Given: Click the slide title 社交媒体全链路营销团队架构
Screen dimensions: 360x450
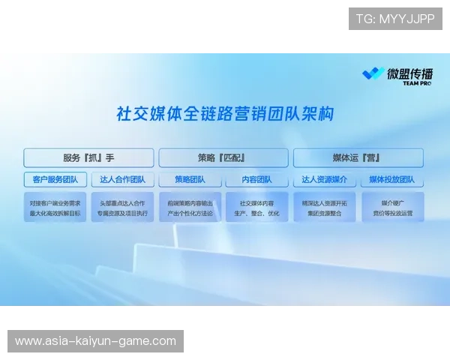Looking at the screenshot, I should [225, 115].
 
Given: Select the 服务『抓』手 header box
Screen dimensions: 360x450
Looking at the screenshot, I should [88, 157].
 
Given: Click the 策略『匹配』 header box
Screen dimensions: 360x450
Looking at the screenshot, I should [223, 157].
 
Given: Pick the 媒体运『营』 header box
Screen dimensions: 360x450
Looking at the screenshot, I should [358, 157].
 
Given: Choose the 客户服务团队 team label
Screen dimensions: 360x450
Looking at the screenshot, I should [55, 180].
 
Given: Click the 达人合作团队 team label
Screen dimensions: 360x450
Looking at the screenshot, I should [122, 180].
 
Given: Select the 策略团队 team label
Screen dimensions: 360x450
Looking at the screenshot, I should [190, 180].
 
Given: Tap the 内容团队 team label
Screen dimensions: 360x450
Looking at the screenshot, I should [256, 180].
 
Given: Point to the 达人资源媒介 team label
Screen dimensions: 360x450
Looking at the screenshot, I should [324, 180].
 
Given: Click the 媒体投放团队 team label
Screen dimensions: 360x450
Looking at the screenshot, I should [392, 180].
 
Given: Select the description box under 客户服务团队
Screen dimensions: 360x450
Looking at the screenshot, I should [55, 208].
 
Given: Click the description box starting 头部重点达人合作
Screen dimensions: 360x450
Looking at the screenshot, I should [122, 208].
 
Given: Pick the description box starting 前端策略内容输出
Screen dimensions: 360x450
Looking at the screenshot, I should [190, 208].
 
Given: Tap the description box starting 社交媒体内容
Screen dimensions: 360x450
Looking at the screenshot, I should [256, 208].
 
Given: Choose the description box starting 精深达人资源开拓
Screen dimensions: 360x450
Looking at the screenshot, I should [324, 208].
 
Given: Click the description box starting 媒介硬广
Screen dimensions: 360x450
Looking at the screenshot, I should [392, 208].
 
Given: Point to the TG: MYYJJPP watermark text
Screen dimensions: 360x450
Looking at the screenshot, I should [395, 19].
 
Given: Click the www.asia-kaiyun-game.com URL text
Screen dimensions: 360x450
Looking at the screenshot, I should [95, 341].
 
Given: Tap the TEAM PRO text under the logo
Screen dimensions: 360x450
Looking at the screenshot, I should [417, 84].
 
